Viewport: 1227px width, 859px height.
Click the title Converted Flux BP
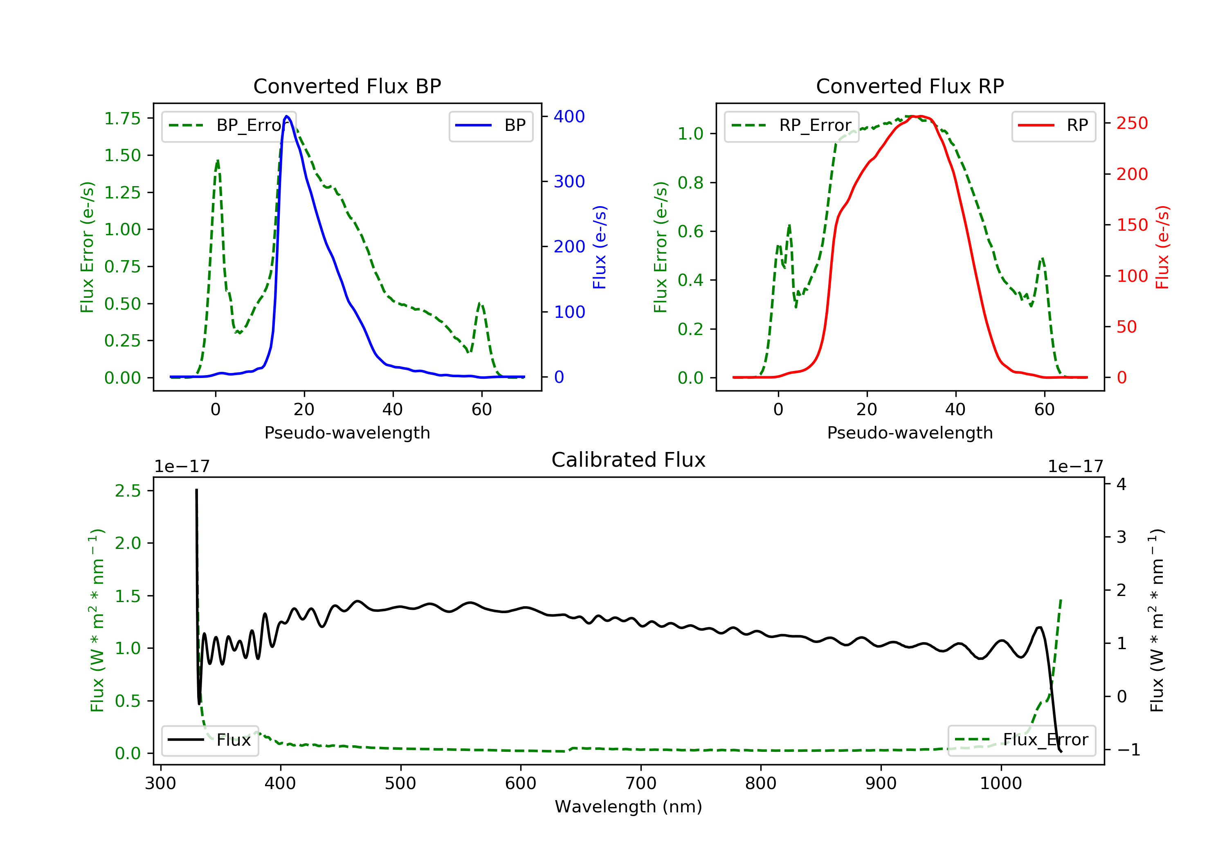347,86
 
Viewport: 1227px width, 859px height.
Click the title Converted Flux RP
910,86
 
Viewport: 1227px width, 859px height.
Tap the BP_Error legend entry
229,126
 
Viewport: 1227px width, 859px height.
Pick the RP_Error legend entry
791,126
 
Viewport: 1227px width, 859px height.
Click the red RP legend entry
1053,126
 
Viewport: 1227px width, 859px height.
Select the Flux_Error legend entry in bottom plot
1021,740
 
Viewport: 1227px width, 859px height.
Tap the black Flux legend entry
209,740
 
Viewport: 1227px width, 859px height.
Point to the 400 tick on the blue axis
569,117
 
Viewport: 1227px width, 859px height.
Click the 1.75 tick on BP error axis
122,118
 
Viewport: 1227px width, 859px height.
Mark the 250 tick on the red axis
1132,123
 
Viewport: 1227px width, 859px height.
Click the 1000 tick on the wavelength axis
1000,784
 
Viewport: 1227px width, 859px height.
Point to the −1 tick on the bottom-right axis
1129,749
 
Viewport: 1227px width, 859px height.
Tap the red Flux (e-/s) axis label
1162,247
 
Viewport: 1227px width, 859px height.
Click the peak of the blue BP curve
287,116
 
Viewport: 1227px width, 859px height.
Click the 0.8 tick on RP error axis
690,183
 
